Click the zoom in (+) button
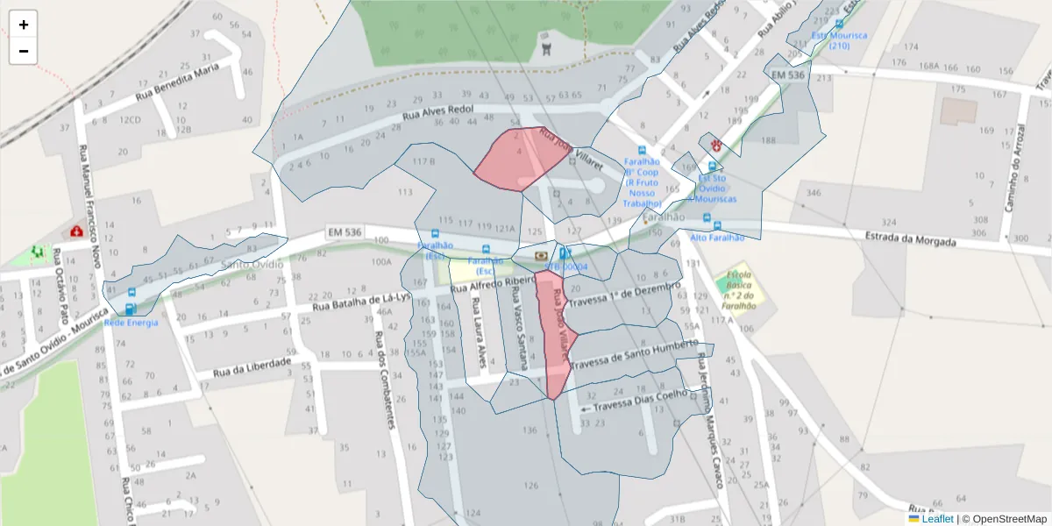23,25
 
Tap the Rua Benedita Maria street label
176,82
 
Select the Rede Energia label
131,323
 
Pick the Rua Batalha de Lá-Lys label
361,302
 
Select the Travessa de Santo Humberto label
634,355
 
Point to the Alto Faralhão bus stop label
717,238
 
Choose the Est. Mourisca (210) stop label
839,40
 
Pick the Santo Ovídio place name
252,263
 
